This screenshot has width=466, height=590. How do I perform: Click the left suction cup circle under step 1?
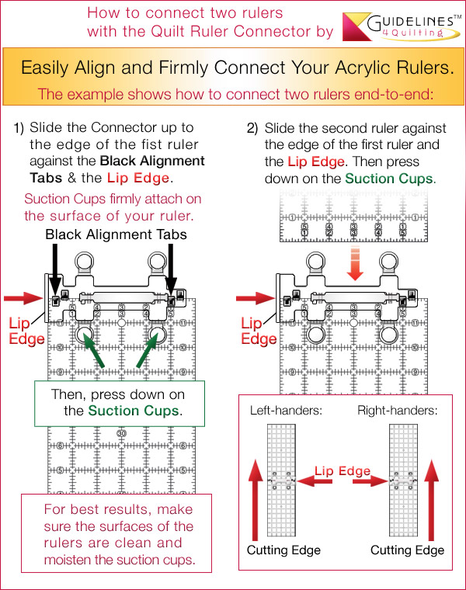tap(84, 335)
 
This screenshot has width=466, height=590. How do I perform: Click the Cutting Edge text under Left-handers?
tap(283, 550)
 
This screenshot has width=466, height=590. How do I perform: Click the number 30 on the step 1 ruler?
tap(121, 432)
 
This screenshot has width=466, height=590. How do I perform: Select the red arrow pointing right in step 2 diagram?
tap(250, 296)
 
